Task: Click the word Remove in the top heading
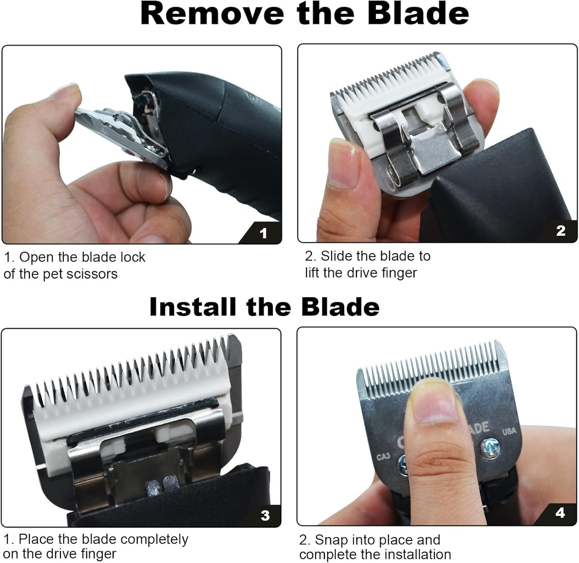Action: pyautogui.click(x=212, y=14)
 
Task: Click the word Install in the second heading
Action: pyautogui.click(x=192, y=307)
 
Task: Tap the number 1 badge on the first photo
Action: pyautogui.click(x=263, y=233)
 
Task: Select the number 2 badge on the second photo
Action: pyautogui.click(x=561, y=231)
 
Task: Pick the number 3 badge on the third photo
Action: pyautogui.click(x=265, y=515)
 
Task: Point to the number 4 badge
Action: pyautogui.click(x=560, y=513)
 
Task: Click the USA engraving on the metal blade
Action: pyautogui.click(x=509, y=431)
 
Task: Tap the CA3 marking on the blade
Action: pyautogui.click(x=383, y=456)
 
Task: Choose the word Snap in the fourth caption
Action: pyautogui.click(x=330, y=540)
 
